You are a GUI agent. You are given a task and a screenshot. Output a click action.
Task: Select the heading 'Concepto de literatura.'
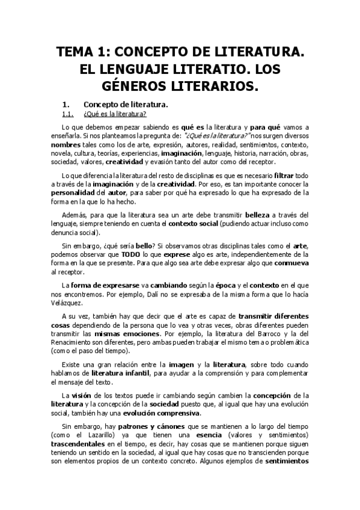126,105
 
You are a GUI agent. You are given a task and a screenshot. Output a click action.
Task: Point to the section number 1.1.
67,114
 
